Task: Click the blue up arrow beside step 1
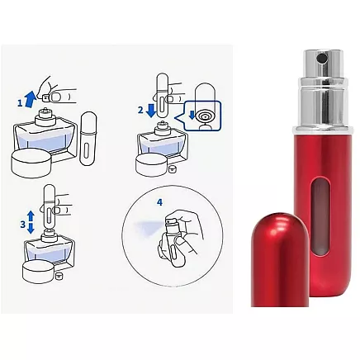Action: click(30, 99)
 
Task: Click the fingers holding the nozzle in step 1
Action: click(59, 85)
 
